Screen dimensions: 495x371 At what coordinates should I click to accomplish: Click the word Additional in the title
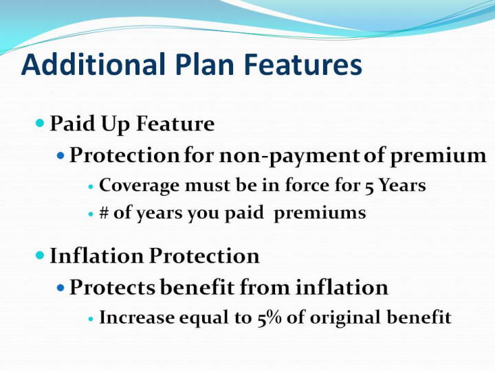[93, 64]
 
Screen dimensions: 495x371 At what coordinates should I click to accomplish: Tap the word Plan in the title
[205, 64]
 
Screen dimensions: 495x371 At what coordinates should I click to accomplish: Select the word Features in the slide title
[303, 64]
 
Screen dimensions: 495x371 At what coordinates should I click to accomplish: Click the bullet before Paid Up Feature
[40, 122]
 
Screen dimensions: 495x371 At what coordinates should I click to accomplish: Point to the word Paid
[73, 123]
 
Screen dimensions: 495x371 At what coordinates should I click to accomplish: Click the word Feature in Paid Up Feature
[175, 123]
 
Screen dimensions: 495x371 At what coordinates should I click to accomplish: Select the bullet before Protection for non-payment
[60, 155]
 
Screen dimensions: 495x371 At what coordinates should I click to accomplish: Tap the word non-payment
[289, 155]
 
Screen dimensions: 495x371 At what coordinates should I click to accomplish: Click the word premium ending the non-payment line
[439, 156]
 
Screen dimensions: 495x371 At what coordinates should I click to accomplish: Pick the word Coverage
[139, 185]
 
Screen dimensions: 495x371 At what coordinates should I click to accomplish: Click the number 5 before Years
[369, 186]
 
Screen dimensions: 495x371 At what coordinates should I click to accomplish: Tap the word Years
[402, 185]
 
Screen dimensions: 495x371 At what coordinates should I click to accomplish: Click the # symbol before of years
[104, 212]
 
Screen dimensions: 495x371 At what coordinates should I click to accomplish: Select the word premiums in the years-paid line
[320, 213]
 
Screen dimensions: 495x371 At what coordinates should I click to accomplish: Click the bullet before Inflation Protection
[40, 255]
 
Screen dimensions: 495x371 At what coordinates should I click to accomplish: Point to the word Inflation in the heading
[97, 256]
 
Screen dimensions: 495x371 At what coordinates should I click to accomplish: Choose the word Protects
[112, 287]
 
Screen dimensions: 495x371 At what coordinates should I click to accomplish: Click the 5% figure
[269, 317]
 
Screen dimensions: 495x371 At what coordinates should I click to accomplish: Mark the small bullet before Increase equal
[91, 319]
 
